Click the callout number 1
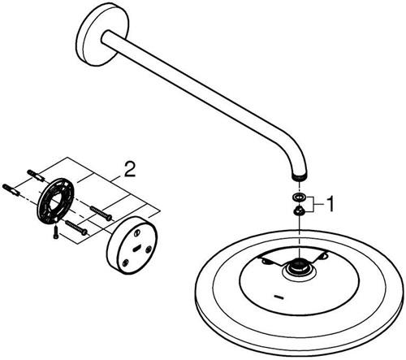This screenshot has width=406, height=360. (x=330, y=204)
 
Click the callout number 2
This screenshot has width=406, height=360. (x=129, y=169)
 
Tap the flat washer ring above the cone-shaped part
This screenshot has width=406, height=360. (x=299, y=197)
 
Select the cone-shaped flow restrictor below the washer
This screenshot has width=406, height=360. (x=299, y=210)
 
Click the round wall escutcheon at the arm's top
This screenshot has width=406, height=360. (x=101, y=34)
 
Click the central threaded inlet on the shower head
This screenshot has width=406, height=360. (x=299, y=265)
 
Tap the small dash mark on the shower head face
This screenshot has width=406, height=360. (x=279, y=297)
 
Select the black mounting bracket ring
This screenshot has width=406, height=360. (x=56, y=201)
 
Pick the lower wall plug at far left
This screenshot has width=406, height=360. (x=11, y=190)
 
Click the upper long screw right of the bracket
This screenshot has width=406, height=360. (x=101, y=213)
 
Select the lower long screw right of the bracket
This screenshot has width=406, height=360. (x=76, y=227)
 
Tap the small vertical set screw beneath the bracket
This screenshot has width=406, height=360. (x=55, y=232)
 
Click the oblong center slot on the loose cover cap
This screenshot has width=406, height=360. (x=136, y=247)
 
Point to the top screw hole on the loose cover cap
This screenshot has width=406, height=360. (x=138, y=232)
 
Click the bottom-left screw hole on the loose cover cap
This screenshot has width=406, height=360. (x=125, y=262)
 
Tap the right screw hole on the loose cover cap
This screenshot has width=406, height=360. (x=149, y=248)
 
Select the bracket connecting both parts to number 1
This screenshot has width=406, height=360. (x=313, y=204)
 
